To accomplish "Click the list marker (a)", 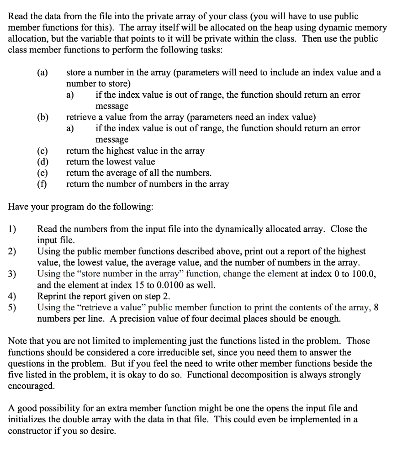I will pyautogui.click(x=43, y=73).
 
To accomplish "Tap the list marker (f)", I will pyautogui.click(x=43, y=184).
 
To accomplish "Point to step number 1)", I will pyautogui.click(x=12, y=229).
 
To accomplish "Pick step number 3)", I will pyautogui.click(x=12, y=274).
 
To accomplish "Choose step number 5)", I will pyautogui.click(x=12, y=307).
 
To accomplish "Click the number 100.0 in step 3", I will pyautogui.click(x=364, y=274).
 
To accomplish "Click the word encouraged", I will pyautogui.click(x=31, y=386).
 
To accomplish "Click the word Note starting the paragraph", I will pyautogui.click(x=18, y=341).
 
